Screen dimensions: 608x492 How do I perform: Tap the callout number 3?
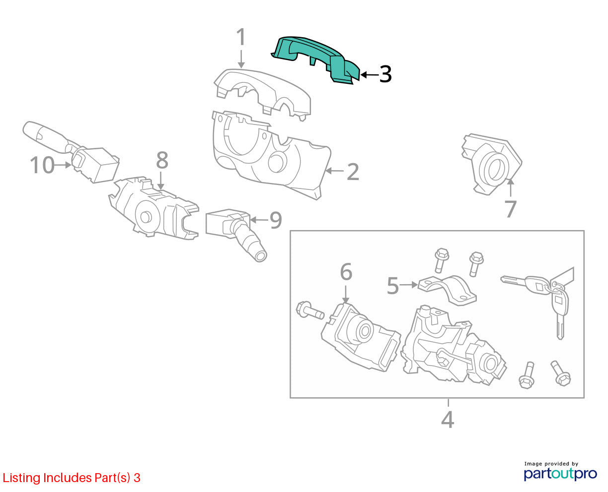pos(385,74)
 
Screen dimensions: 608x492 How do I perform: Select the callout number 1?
pos(241,37)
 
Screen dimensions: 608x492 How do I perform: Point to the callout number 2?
pos(353,172)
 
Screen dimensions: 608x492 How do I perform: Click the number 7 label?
pos(510,209)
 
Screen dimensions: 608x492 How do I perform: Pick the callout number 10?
pos(42,165)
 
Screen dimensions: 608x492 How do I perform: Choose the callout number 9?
pos(276,220)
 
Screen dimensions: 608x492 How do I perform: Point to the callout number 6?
pos(346,272)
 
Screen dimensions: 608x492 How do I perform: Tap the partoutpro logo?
pos(560,473)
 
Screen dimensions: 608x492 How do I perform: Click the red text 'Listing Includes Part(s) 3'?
pos(72,478)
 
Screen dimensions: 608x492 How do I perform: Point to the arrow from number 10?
pos(63,165)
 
